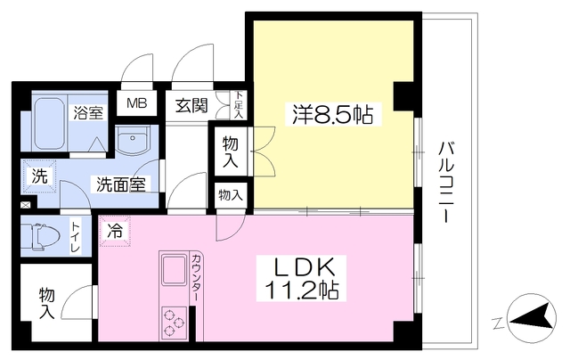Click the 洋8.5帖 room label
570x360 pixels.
click(x=332, y=113)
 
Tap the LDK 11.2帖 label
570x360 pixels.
click(x=301, y=279)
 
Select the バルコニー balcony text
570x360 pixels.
click(x=446, y=182)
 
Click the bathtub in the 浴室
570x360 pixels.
click(x=50, y=123)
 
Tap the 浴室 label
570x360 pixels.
click(x=88, y=113)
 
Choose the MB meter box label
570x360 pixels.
click(x=136, y=103)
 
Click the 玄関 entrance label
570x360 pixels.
click(x=191, y=106)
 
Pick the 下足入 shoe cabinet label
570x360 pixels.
click(x=239, y=105)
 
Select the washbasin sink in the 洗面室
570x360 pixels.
click(x=133, y=140)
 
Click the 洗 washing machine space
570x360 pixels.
click(x=39, y=176)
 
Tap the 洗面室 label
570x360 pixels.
click(x=121, y=184)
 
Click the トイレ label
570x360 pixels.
click(x=76, y=238)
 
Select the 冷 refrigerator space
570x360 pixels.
click(x=115, y=231)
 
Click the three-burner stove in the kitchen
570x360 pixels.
click(x=175, y=323)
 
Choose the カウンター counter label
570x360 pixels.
click(x=196, y=277)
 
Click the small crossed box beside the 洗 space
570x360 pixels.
click(x=26, y=206)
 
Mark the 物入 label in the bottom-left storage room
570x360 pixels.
click(x=47, y=303)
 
